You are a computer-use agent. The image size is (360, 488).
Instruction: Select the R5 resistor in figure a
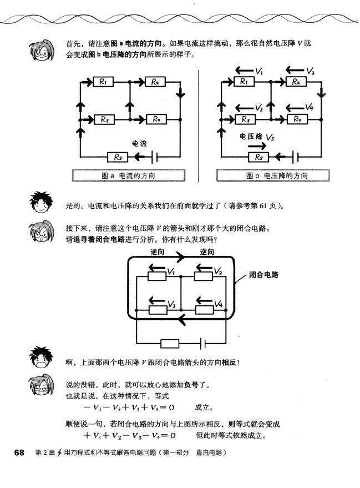point(118,157)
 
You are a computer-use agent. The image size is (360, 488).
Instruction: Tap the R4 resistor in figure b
point(297,119)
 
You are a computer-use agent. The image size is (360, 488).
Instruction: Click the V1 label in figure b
point(260,71)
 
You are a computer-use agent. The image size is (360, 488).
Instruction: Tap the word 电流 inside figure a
point(139,143)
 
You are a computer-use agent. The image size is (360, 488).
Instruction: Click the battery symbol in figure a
point(153,157)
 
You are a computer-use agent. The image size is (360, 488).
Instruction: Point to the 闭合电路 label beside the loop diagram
point(263,274)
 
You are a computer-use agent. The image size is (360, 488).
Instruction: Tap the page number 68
point(19,452)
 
